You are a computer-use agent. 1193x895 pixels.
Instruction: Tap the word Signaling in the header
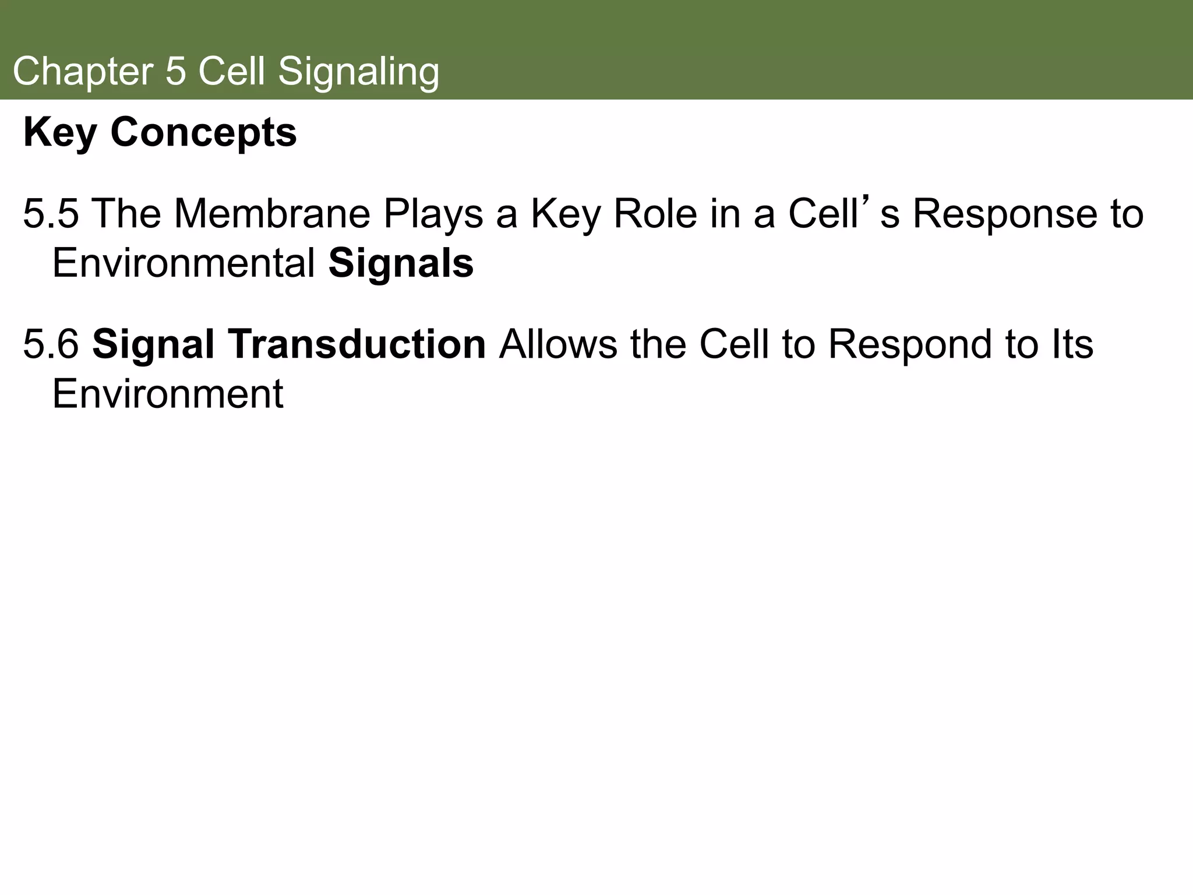click(x=358, y=72)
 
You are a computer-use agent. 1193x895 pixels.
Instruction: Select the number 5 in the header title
click(x=175, y=72)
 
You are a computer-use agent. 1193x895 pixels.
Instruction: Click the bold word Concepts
click(x=203, y=133)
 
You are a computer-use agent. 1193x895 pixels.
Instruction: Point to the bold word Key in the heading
click(x=59, y=133)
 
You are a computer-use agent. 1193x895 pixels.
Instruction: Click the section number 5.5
click(x=51, y=214)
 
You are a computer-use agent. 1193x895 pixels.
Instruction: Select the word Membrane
click(x=272, y=214)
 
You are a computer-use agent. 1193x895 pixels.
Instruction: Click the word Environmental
click(x=183, y=264)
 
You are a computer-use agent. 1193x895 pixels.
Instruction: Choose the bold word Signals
click(x=401, y=264)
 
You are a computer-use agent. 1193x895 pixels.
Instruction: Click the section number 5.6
click(x=51, y=344)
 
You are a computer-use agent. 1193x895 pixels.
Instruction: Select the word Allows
click(x=557, y=344)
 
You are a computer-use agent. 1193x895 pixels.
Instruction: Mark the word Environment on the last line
click(x=168, y=394)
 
